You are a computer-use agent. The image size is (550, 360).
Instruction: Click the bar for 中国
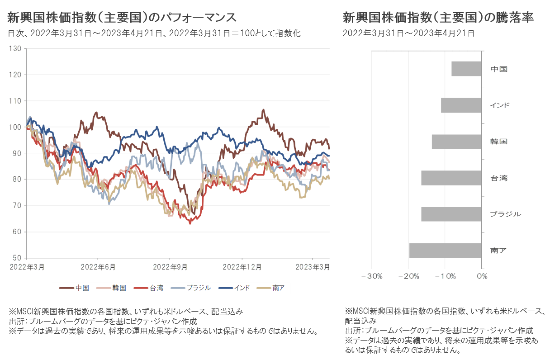coord(466,69)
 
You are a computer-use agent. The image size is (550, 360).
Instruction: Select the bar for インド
coord(461,105)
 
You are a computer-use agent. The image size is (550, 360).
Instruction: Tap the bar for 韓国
coord(456,142)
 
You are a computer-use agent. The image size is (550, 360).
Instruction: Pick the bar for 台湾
coord(451,178)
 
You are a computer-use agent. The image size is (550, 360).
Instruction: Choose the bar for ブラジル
coord(451,214)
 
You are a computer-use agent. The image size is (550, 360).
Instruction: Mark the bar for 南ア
coord(445,250)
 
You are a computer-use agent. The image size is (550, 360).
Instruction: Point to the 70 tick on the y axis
coord(18,206)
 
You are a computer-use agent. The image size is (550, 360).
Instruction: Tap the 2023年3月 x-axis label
coord(312,267)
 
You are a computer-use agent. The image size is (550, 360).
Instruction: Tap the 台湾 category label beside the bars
coord(499,178)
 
